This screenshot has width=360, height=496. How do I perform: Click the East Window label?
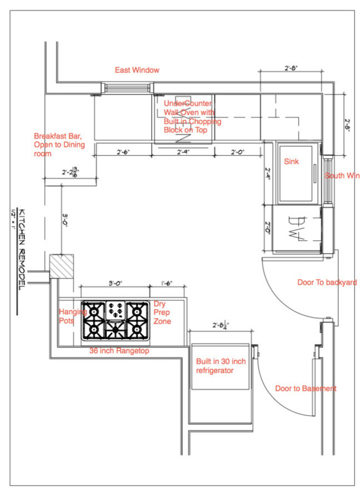point(137,70)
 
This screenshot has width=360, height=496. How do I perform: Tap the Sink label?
point(292,161)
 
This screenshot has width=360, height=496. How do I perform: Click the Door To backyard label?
point(327,282)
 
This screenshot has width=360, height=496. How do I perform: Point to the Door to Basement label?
point(306,389)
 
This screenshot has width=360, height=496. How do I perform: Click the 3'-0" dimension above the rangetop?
point(114,284)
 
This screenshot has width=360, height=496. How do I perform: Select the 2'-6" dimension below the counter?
point(123,152)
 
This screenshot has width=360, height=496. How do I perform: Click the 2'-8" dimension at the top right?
point(292,68)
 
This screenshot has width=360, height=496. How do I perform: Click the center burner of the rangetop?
point(116,330)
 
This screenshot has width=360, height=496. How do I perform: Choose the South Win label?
point(342,176)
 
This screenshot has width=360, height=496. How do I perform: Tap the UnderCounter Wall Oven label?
point(192,116)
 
